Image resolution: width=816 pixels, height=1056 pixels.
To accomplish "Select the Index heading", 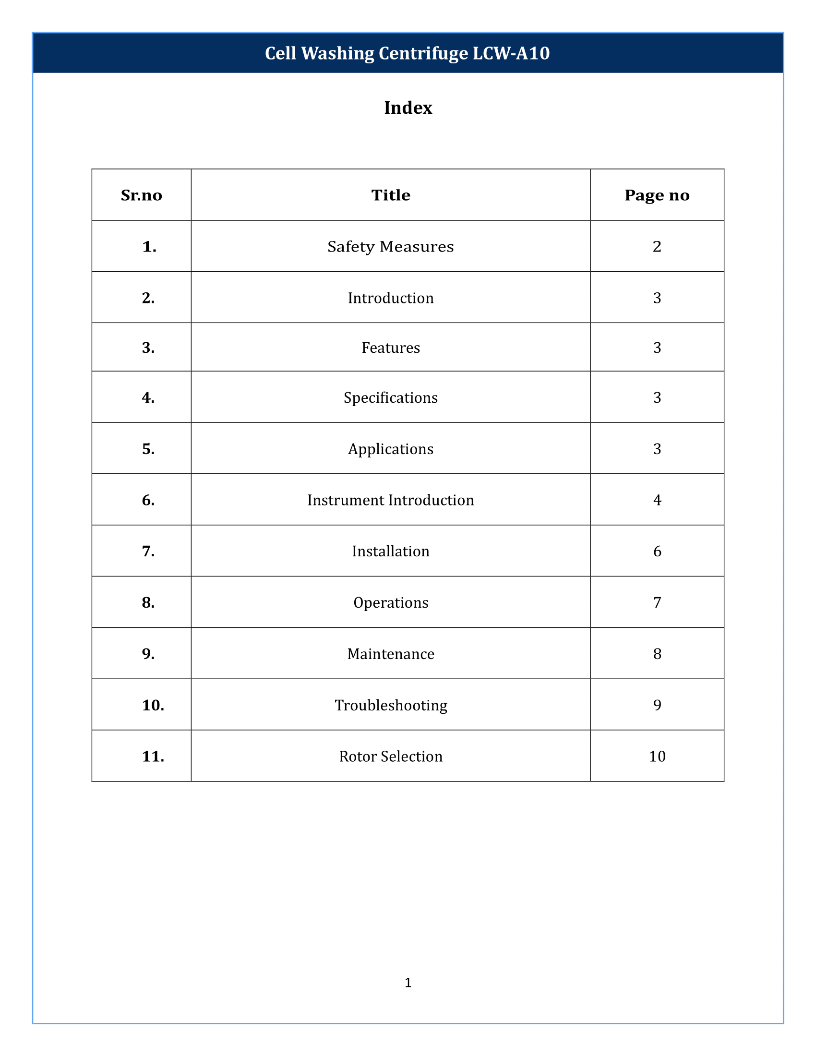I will (408, 108).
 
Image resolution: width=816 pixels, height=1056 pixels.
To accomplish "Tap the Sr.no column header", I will (141, 195).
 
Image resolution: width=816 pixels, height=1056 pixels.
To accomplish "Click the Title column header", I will (391, 195).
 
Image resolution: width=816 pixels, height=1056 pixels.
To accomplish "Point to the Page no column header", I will (657, 195).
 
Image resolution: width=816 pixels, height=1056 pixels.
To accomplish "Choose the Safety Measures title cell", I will (391, 247).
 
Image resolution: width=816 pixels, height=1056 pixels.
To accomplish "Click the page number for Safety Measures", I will (657, 247).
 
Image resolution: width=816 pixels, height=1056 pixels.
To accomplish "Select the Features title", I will (391, 348).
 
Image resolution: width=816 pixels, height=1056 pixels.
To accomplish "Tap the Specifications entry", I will (391, 397).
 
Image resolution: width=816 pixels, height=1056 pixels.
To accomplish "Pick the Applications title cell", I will (391, 449).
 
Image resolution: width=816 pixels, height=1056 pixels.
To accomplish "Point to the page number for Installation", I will (657, 551).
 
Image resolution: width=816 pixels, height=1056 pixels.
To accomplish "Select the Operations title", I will (391, 602).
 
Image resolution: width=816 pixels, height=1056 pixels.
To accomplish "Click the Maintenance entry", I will (391, 654).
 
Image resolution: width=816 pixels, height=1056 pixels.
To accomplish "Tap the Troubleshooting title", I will (391, 705).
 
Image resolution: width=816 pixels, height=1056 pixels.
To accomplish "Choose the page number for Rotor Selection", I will (657, 756).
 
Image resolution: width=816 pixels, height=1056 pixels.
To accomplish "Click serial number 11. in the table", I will (153, 756).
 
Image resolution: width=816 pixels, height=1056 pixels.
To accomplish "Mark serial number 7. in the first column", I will (148, 551).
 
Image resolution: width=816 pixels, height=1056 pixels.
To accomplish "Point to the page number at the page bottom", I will (408, 983).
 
